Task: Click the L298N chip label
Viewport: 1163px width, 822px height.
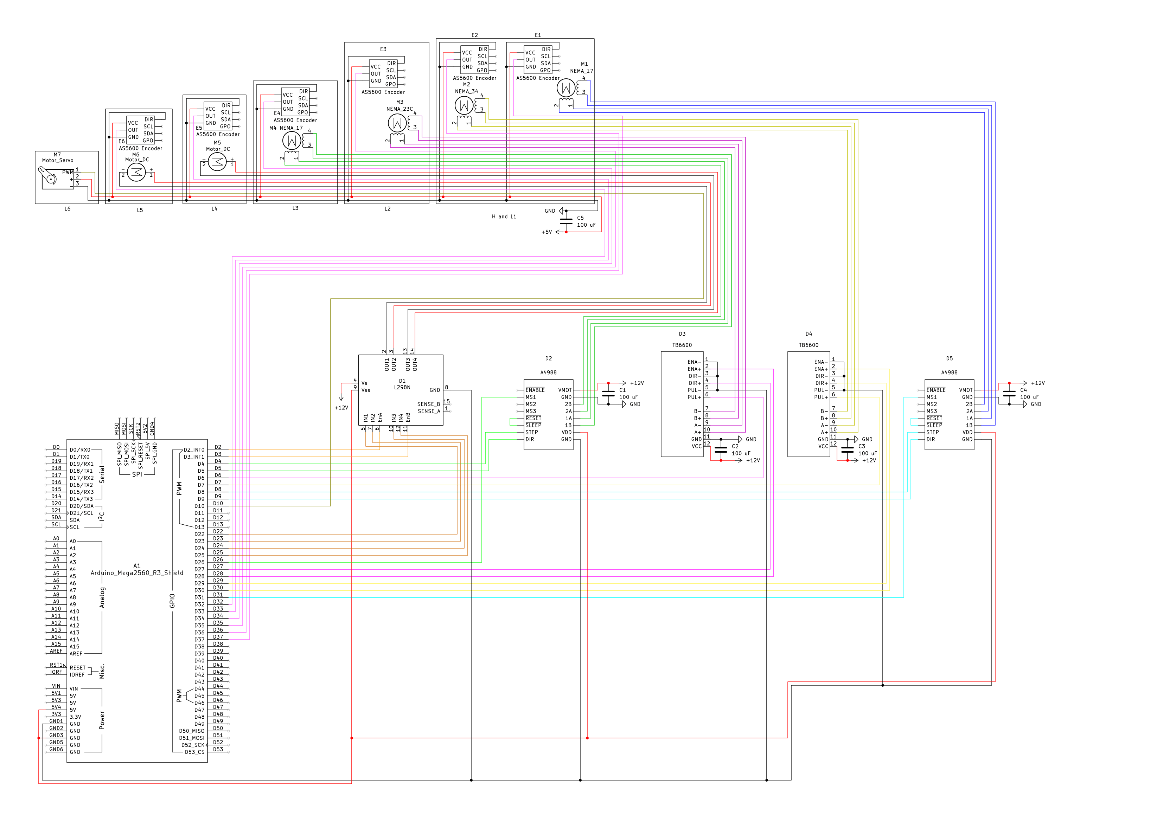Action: pyautogui.click(x=402, y=387)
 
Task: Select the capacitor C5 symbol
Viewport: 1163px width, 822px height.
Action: pyautogui.click(x=566, y=221)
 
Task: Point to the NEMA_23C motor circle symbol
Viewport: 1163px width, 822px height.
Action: pyautogui.click(x=397, y=123)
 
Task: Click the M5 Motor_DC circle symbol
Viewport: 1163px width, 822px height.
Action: pyautogui.click(x=217, y=161)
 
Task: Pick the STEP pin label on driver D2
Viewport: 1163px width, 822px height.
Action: pyautogui.click(x=532, y=432)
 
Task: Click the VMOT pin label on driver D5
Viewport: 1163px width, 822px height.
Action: pyautogui.click(x=965, y=390)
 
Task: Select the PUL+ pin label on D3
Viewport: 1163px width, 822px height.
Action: pyautogui.click(x=694, y=397)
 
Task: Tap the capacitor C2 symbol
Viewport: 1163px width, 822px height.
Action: pyautogui.click(x=721, y=449)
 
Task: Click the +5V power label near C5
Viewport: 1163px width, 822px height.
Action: pyautogui.click(x=547, y=232)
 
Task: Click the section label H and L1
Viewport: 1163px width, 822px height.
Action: pyautogui.click(x=504, y=216)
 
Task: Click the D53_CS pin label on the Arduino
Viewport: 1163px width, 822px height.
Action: pyautogui.click(x=194, y=752)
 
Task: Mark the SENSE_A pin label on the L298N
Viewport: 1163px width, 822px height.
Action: pyautogui.click(x=429, y=411)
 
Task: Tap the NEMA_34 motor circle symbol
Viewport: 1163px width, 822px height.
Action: pyautogui.click(x=464, y=105)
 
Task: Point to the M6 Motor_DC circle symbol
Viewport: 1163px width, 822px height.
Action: pyautogui.click(x=136, y=172)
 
